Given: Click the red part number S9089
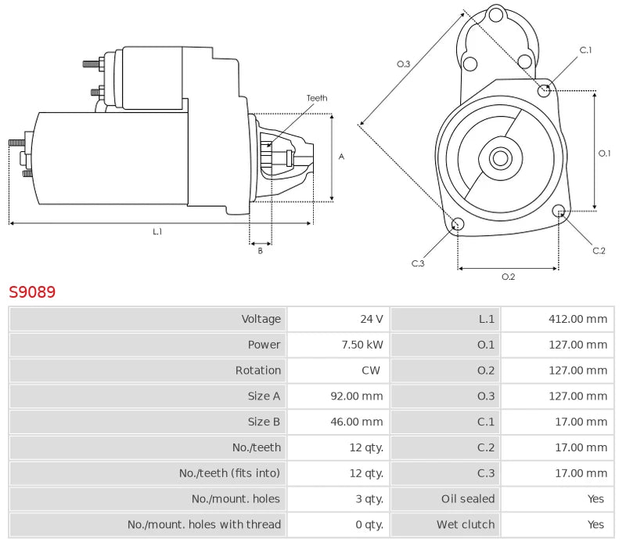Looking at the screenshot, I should pos(32,292).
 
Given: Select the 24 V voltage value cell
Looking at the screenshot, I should pos(371,319).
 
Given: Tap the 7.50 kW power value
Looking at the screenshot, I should pos(364,345).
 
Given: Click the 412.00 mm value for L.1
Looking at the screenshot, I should pos(577,319).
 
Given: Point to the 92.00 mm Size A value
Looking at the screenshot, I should pos(357,396).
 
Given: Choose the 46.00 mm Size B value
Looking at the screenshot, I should pos(357,422).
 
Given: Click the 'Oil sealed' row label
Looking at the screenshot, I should pos(468,499).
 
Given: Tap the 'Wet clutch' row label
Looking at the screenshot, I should pos(466,525).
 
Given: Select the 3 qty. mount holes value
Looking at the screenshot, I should pos(367,499).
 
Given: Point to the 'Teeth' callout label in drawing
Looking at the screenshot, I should pos(317,98).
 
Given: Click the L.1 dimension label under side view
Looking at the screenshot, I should pos(157,231).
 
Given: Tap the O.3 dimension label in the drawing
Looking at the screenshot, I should pos(404,63).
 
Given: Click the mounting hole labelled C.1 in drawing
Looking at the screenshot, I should pos(545,91).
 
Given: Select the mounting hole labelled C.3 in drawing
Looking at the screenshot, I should pos(459,226).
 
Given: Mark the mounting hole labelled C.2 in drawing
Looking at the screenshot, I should pos(559,212).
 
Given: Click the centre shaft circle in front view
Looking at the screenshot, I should pos(499,158).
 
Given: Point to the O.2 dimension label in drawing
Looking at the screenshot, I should pos(508,277).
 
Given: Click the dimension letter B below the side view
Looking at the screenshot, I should pos(261,251).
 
